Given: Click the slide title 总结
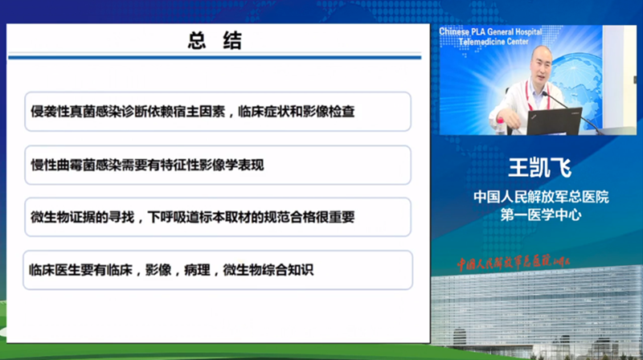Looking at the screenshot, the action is tap(215, 40).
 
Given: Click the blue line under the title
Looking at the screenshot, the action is tap(215, 57).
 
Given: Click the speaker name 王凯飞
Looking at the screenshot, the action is tap(539, 167).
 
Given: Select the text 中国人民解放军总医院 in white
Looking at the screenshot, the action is tap(541, 197).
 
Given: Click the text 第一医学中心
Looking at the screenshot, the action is tap(541, 215).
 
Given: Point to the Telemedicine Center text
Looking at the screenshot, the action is tap(494, 42).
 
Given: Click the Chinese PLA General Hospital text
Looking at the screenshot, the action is tap(490, 31).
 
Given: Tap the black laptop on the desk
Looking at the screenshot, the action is tap(555, 122).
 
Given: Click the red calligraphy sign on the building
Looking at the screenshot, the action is tap(514, 263).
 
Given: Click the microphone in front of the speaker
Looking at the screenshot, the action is tap(572, 112).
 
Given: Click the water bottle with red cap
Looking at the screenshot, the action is tap(500, 126).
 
